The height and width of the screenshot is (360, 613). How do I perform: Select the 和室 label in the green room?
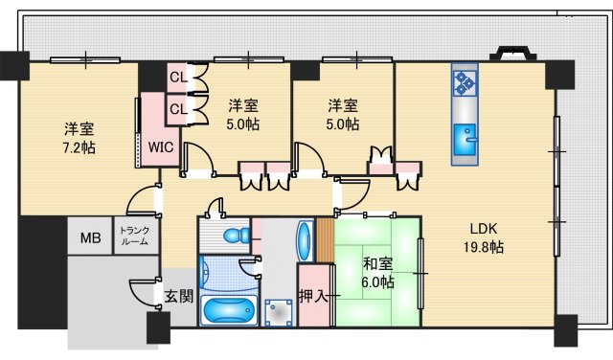pyautogui.click(x=377, y=264)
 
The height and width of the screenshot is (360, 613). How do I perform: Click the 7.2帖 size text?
pyautogui.click(x=79, y=147)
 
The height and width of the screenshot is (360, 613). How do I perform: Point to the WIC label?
pyautogui.click(x=160, y=146)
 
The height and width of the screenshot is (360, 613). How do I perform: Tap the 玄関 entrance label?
pyautogui.click(x=178, y=296)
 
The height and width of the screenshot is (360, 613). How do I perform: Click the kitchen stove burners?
pyautogui.click(x=465, y=82)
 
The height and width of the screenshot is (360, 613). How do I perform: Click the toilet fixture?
pyautogui.click(x=233, y=236)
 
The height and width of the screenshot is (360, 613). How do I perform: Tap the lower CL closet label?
pyautogui.click(x=178, y=108)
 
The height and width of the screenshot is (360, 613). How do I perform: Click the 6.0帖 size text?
pyautogui.click(x=377, y=282)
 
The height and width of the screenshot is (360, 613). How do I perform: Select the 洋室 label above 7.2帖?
pyautogui.click(x=79, y=128)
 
